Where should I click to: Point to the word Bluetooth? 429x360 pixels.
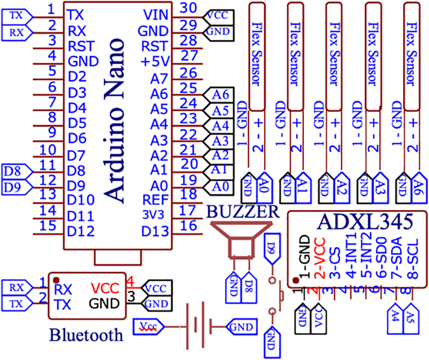pyautogui.click(x=86, y=334)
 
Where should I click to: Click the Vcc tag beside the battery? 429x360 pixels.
pyautogui.click(x=148, y=327)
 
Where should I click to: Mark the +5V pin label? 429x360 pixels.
pyautogui.click(x=155, y=62)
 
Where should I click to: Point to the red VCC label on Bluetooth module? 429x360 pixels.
pyautogui.click(x=105, y=288)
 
